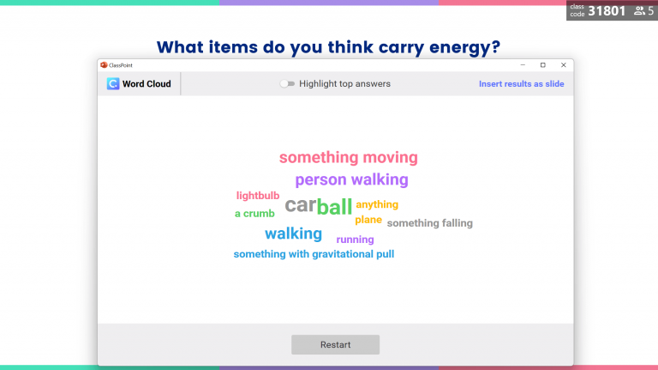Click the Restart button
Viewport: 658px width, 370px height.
click(x=335, y=344)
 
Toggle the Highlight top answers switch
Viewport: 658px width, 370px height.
click(x=287, y=84)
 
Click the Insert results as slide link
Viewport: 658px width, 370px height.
click(x=521, y=84)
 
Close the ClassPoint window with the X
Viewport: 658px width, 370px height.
click(x=563, y=65)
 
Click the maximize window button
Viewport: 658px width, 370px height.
click(x=542, y=65)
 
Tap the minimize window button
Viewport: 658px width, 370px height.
click(x=522, y=65)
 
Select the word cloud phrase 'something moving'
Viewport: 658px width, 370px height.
click(x=348, y=158)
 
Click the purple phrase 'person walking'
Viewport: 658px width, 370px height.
click(x=351, y=180)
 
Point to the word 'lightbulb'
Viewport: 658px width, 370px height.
click(x=258, y=196)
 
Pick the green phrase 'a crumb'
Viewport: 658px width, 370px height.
click(x=254, y=214)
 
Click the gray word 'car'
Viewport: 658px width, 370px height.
click(x=300, y=205)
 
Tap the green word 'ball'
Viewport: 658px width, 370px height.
click(x=334, y=206)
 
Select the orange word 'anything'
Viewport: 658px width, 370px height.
click(x=377, y=204)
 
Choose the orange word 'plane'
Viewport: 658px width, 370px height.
click(x=368, y=220)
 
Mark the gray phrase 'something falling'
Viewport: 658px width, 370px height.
click(x=429, y=223)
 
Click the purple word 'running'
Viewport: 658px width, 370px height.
click(x=355, y=240)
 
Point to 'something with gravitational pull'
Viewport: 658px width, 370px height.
click(x=314, y=254)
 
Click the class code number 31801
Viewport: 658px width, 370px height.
click(x=607, y=11)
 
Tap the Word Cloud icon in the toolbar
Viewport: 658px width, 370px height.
click(x=113, y=84)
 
